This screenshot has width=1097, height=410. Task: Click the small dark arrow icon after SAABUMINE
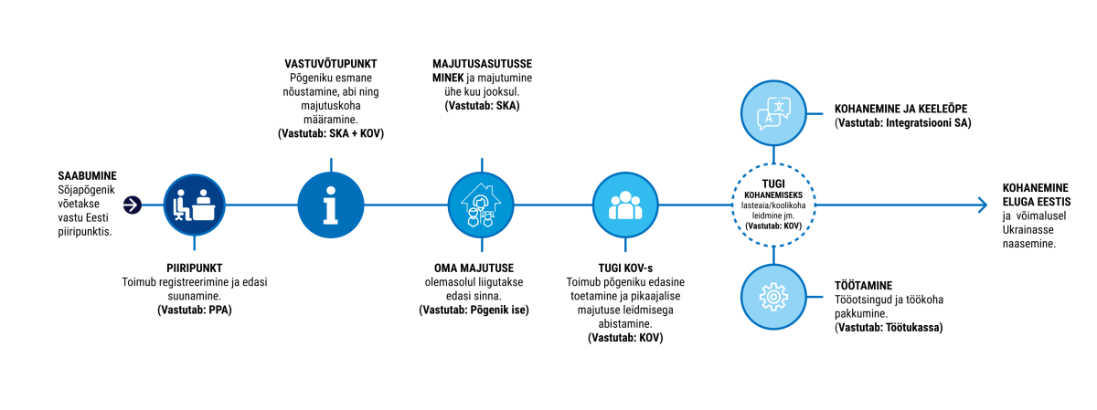(x=133, y=205)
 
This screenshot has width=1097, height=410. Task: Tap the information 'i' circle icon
(x=330, y=205)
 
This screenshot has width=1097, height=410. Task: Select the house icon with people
(x=478, y=205)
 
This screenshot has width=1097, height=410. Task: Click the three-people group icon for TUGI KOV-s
(x=624, y=205)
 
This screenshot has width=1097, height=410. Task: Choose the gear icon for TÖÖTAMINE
(x=773, y=297)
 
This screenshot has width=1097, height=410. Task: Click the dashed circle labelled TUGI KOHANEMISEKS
(x=773, y=205)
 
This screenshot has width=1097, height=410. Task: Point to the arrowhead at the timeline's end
(x=982, y=205)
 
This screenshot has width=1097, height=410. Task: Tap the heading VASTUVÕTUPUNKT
(x=330, y=64)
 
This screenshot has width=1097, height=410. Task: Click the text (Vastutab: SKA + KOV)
(x=330, y=133)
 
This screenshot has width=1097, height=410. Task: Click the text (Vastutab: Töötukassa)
(x=889, y=326)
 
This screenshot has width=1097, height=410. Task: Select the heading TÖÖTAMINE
(x=863, y=285)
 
